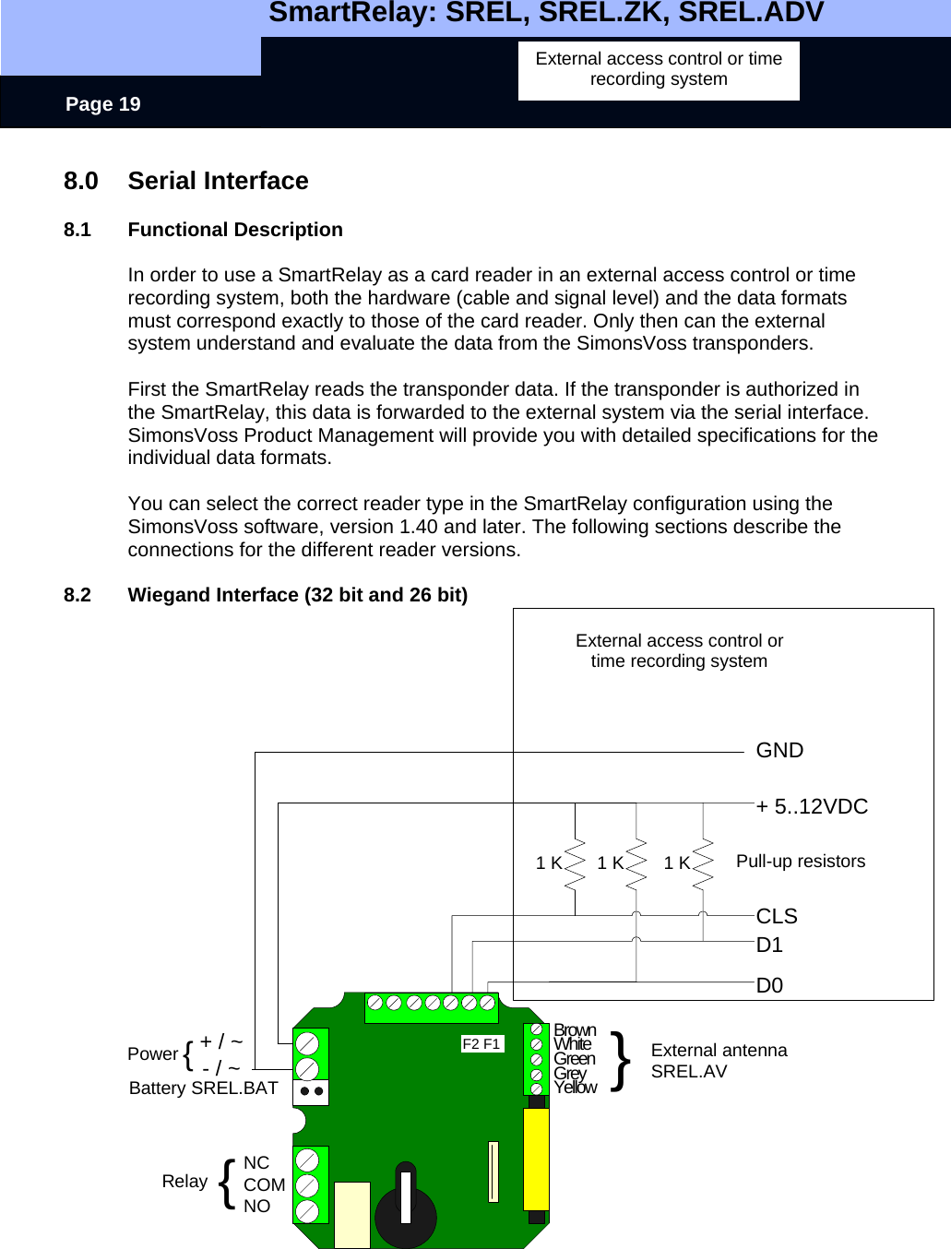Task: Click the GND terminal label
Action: (779, 751)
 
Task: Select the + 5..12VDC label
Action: (812, 807)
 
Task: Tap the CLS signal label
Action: (777, 917)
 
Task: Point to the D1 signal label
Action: (769, 946)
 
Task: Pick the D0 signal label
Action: (769, 986)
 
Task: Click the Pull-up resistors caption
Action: (801, 862)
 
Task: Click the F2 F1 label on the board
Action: (481, 1044)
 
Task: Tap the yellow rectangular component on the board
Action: (536, 1159)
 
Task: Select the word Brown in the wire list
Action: (575, 1030)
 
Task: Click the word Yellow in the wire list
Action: (576, 1088)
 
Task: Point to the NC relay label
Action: (256, 1163)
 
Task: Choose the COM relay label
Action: (265, 1185)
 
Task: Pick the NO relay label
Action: (257, 1207)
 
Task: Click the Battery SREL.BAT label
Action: (203, 1088)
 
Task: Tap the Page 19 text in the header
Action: (103, 104)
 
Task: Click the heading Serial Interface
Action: (218, 181)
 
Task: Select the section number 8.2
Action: (77, 595)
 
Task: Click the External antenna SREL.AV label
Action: (719, 1061)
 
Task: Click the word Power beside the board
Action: (153, 1054)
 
